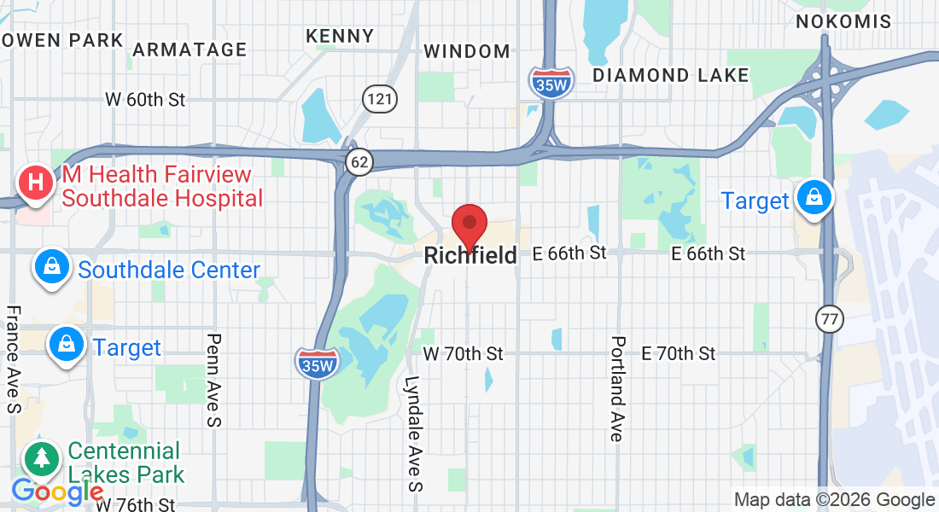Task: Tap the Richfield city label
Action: tap(470, 255)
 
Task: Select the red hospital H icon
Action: tap(37, 183)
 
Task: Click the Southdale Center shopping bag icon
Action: tap(53, 267)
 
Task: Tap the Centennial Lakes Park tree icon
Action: tap(42, 460)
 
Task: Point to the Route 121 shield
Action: tap(378, 99)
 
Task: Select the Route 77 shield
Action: tap(827, 319)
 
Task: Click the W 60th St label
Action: tap(145, 100)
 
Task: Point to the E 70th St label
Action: tap(679, 353)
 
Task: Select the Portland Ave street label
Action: tap(617, 388)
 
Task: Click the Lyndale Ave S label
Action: tap(413, 433)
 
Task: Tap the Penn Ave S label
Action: tap(213, 380)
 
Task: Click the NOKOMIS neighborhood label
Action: tap(843, 22)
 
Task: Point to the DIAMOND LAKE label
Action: tap(670, 75)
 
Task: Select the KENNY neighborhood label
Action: tap(340, 36)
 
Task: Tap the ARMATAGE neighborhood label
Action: tap(190, 49)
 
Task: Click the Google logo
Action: tap(56, 492)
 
